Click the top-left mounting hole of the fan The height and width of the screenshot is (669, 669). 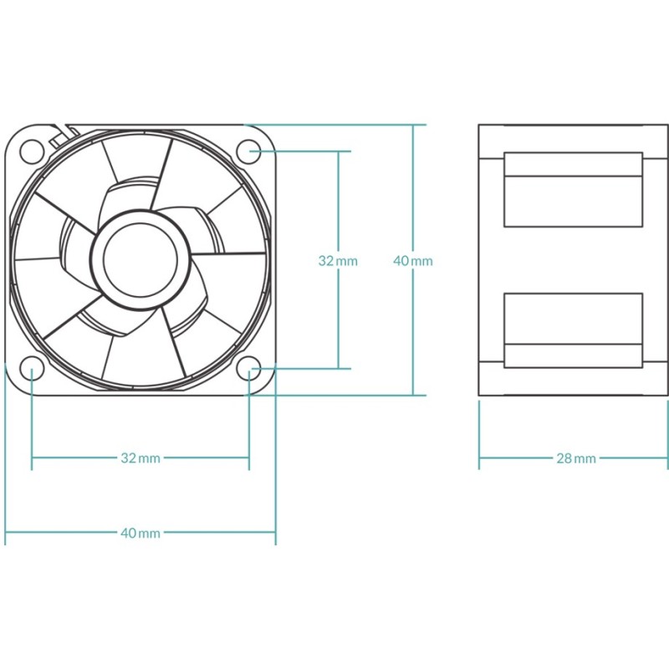[32, 151]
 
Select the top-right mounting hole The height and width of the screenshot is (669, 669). [249, 151]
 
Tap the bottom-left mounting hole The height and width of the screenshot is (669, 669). [32, 368]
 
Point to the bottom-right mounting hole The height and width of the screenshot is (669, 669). [249, 368]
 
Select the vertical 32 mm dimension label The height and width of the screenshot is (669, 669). [338, 261]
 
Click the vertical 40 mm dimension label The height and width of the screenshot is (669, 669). [413, 261]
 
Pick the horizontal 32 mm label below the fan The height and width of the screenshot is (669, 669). [140, 458]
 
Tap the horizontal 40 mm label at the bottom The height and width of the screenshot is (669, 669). [140, 533]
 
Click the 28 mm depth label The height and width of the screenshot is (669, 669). [575, 458]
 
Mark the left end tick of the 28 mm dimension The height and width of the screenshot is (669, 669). [479, 458]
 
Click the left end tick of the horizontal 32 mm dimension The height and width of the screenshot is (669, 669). [32, 458]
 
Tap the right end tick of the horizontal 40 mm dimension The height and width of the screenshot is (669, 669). [275, 533]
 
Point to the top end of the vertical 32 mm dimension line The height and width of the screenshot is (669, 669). [338, 151]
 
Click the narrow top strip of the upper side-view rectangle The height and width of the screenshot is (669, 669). [573, 164]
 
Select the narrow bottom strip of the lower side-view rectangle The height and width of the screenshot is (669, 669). [573, 356]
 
